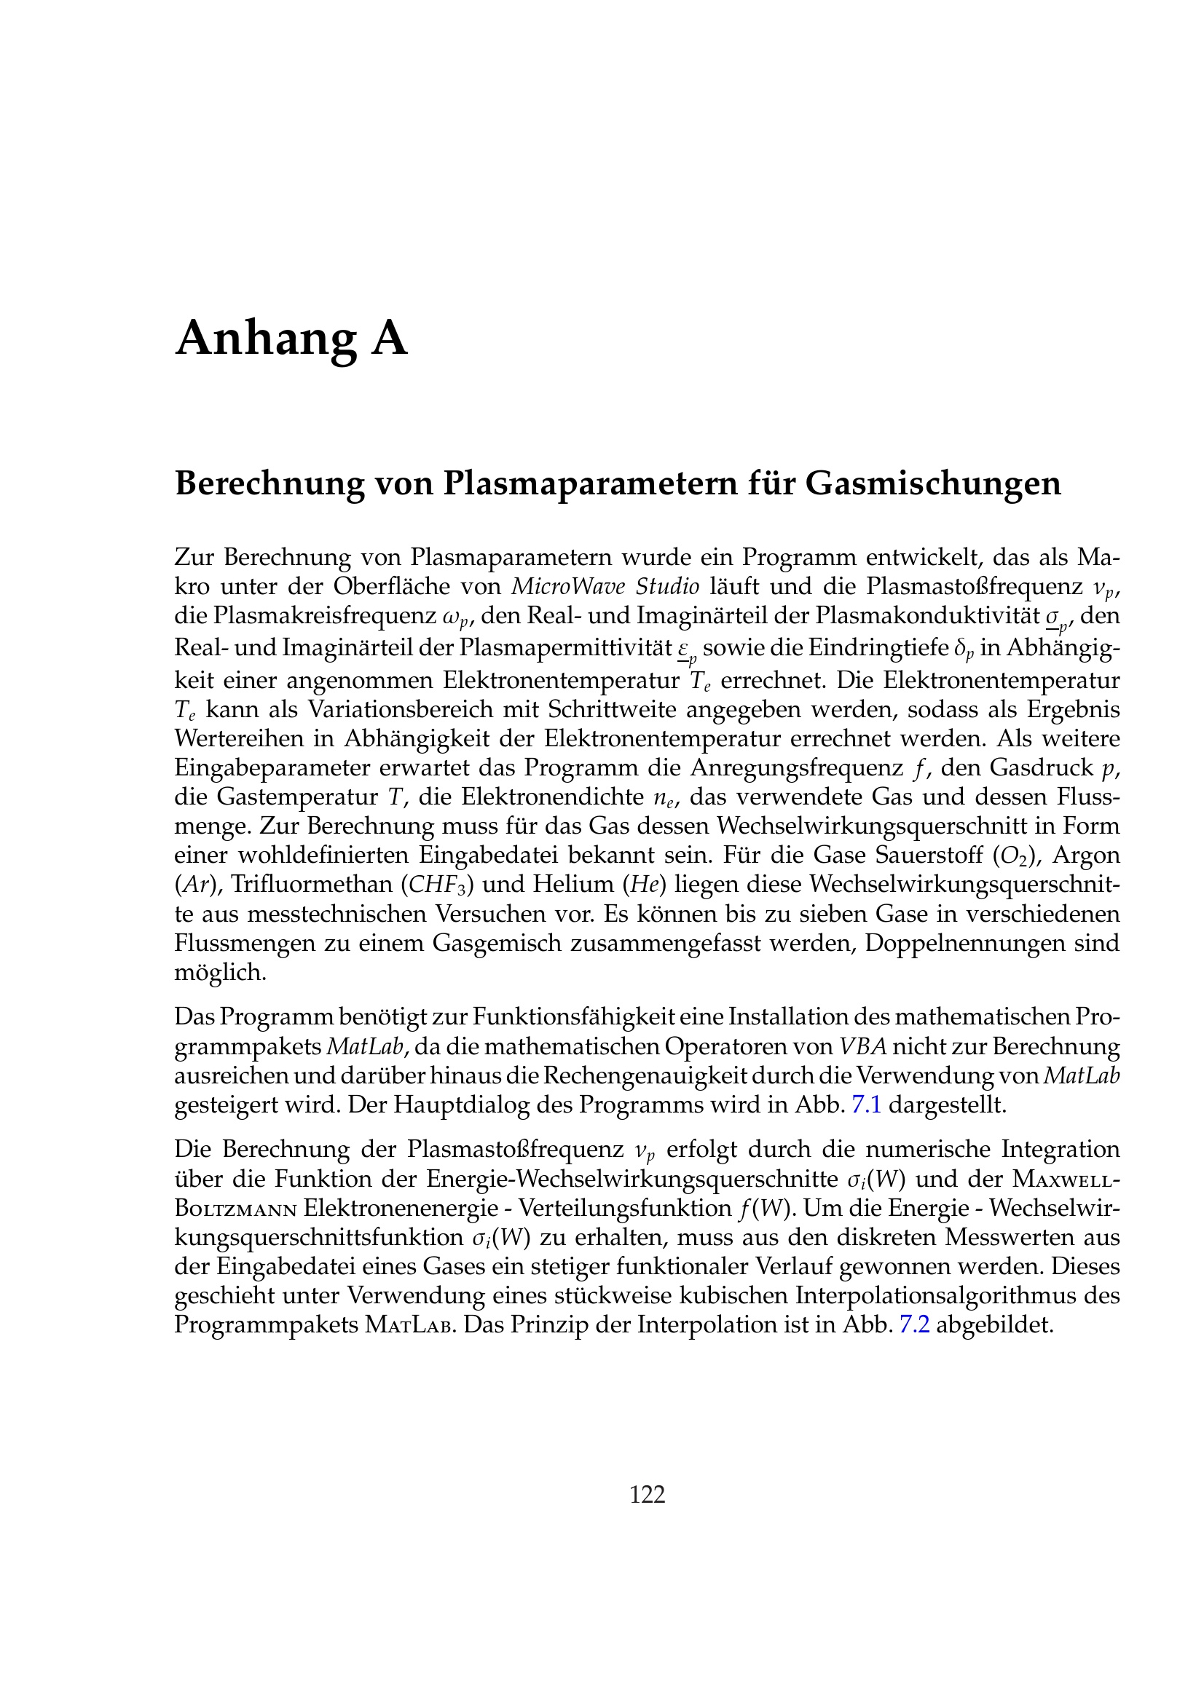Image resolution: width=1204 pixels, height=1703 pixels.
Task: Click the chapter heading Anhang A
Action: coord(291,339)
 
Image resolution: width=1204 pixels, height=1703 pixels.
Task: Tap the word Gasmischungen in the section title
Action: coord(932,483)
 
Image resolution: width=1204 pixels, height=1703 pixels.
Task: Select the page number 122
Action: coord(647,1494)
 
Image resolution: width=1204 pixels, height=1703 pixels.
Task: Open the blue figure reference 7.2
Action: coord(914,1324)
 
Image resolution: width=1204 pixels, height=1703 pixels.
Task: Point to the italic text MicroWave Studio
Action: coord(605,586)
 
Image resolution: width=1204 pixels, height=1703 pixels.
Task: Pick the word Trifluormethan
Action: coord(312,884)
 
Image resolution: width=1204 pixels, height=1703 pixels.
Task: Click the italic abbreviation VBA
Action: coord(862,1046)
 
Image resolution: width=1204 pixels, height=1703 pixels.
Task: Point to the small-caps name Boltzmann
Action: coord(236,1209)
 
